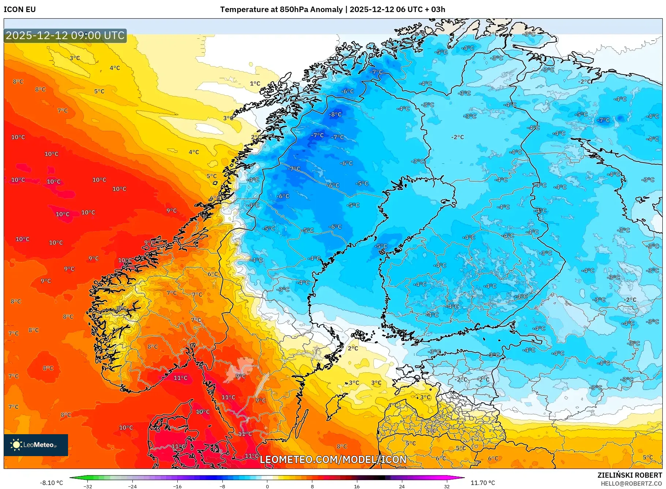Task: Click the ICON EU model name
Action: [x=20, y=10]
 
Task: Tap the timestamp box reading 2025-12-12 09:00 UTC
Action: [x=65, y=35]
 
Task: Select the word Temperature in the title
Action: [x=245, y=10]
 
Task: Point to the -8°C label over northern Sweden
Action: [x=335, y=114]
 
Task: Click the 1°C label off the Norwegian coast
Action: [x=255, y=84]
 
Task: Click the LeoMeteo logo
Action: [x=36, y=445]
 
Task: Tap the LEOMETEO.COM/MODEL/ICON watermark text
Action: [x=333, y=459]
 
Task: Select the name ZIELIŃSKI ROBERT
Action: [x=629, y=475]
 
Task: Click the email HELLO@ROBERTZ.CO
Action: [x=631, y=484]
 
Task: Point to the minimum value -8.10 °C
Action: [x=51, y=483]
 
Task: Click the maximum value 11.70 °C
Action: [x=482, y=483]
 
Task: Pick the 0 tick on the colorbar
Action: [x=267, y=486]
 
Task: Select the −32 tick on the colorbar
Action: [x=88, y=486]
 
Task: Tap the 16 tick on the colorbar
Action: [x=357, y=486]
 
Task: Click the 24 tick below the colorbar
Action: [x=402, y=486]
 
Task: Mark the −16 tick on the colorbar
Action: [x=177, y=486]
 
